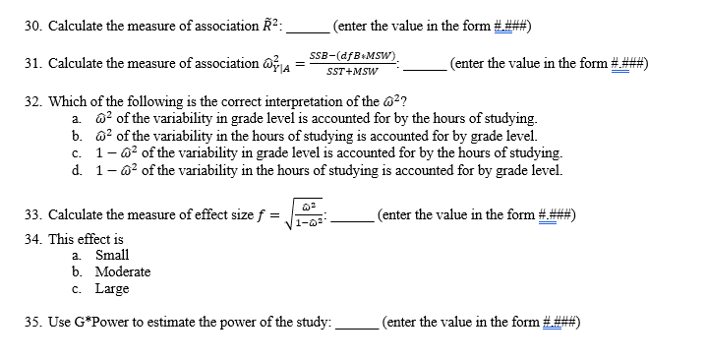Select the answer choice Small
[111, 255]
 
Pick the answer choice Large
[111, 288]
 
